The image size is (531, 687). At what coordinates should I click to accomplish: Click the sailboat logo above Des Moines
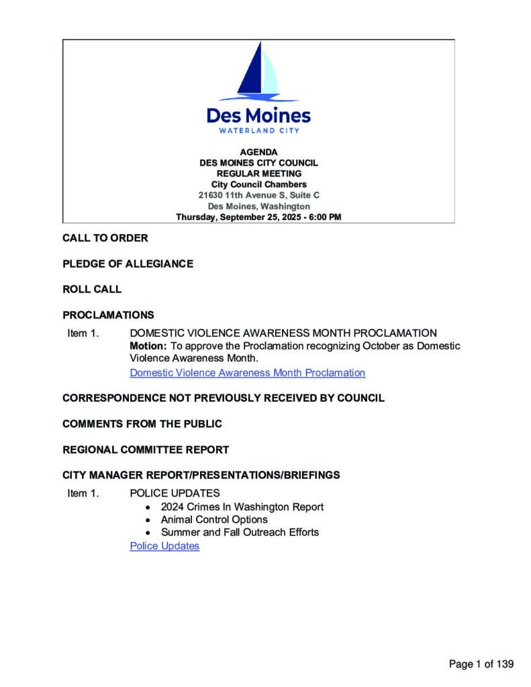tap(258, 72)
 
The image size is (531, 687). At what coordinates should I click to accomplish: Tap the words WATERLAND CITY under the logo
tap(258, 130)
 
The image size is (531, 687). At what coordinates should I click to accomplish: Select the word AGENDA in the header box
tap(258, 152)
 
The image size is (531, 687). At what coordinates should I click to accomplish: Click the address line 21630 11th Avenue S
tap(258, 195)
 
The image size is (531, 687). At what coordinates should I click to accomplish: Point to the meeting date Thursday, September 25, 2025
tap(258, 217)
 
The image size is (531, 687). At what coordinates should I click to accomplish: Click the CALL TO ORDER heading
tap(105, 238)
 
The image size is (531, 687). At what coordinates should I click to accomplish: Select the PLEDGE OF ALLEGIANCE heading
tap(128, 264)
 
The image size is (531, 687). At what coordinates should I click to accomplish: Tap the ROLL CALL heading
tap(92, 290)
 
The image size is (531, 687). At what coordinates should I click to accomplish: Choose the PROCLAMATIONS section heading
tap(108, 315)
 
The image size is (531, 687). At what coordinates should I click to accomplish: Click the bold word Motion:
tap(148, 346)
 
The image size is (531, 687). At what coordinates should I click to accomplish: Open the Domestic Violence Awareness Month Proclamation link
tap(247, 373)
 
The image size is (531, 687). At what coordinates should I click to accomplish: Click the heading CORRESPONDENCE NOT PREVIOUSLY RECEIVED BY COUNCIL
tap(223, 398)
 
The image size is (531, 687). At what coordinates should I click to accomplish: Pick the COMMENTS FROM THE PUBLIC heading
tap(142, 424)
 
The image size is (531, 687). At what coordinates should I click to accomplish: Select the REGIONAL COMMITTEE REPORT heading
tap(146, 450)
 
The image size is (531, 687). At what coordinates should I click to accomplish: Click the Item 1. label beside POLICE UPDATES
tap(83, 494)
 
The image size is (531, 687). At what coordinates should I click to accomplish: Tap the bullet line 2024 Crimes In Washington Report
tap(242, 507)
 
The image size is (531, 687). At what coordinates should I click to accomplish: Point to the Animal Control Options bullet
tap(214, 520)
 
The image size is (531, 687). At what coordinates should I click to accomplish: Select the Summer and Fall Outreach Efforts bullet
tap(240, 533)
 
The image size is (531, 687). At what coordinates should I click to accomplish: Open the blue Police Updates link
tap(164, 546)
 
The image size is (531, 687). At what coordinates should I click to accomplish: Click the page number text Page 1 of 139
tap(481, 664)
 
